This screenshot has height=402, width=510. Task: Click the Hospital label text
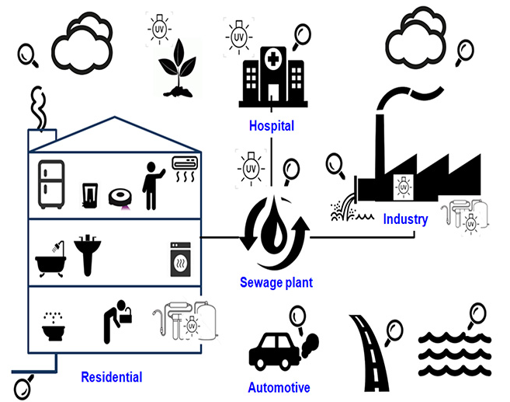click(272, 125)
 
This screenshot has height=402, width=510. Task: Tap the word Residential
click(112, 377)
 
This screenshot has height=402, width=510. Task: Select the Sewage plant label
click(276, 282)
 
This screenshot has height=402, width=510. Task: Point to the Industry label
click(405, 219)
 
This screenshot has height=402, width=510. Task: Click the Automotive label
click(279, 387)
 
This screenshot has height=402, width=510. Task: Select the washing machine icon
click(180, 257)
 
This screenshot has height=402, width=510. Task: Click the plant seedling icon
click(175, 75)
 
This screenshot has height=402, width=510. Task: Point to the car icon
click(273, 351)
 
